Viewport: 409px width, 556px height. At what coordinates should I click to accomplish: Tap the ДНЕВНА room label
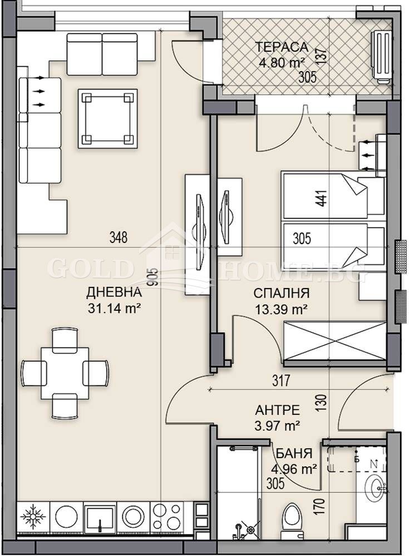click(x=114, y=292)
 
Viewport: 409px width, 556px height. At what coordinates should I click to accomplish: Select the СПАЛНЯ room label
click(x=282, y=293)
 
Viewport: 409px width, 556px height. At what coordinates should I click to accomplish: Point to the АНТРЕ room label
click(x=278, y=410)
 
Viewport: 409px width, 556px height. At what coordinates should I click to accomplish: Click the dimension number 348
click(x=119, y=238)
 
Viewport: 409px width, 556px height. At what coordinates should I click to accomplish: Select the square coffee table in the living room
click(x=107, y=119)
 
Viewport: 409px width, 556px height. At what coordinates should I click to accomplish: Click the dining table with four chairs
click(x=65, y=373)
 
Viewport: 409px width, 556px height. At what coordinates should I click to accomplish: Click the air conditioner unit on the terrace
click(x=382, y=56)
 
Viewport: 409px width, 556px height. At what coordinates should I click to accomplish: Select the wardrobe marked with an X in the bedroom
click(x=334, y=342)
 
